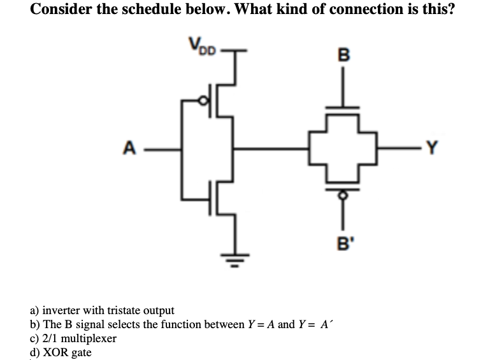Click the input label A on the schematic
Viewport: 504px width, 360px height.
pos(129,150)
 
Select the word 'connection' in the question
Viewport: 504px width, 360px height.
pos(354,11)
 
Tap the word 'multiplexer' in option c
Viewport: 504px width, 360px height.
pos(89,338)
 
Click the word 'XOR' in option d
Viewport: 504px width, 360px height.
pos(55,352)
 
